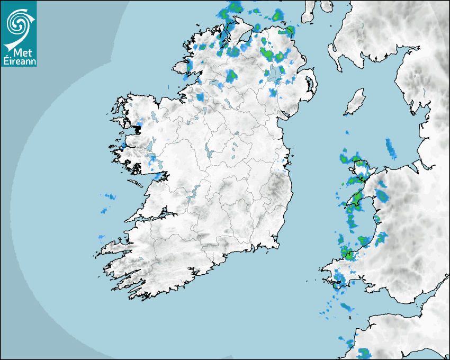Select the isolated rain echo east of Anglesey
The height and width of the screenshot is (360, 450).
tap(391, 149)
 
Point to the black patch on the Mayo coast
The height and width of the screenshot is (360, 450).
tap(138, 128)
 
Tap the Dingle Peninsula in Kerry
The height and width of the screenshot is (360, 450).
tap(114, 247)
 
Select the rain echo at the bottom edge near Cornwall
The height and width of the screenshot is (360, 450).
tap(364, 353)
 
